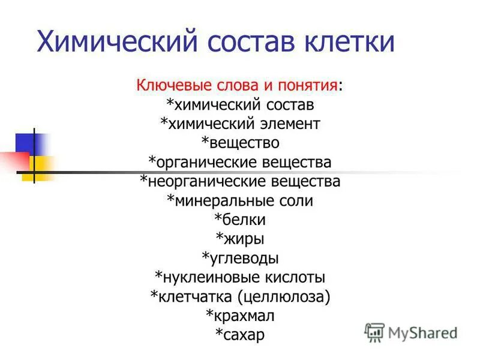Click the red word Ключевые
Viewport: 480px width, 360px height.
coord(169,86)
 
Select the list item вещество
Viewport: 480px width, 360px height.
coord(243,143)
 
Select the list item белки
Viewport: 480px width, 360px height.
coord(243,220)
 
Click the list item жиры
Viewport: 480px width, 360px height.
coord(243,239)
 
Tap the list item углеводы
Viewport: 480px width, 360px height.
coord(243,258)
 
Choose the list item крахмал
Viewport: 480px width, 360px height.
coord(243,315)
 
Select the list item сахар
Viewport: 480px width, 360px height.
coord(243,334)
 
